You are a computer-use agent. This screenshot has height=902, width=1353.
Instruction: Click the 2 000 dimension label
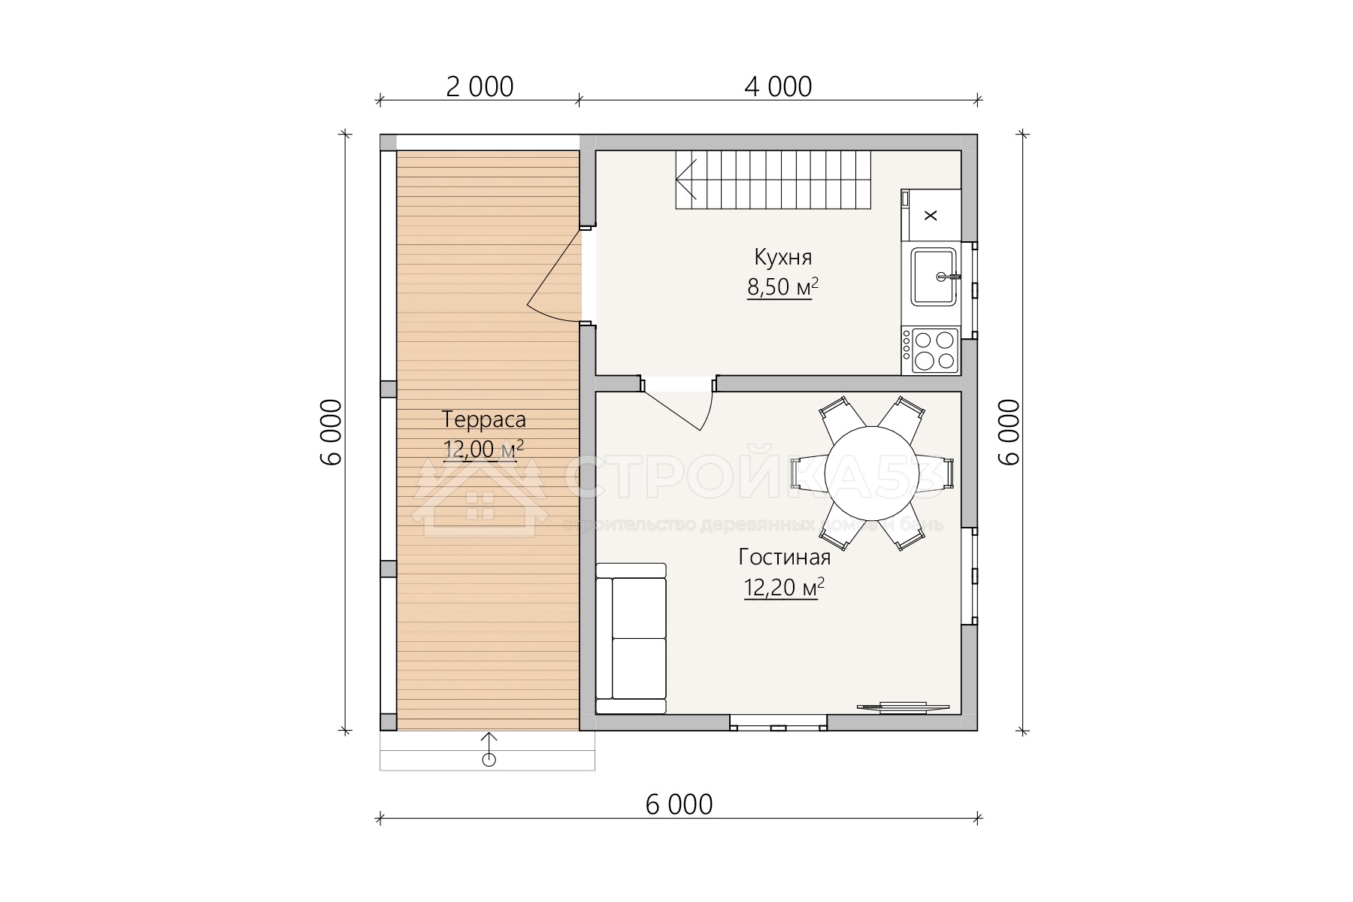[480, 87]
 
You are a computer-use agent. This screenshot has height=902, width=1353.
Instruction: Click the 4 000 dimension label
[778, 87]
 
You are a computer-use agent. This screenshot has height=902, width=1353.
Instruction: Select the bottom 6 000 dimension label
[679, 805]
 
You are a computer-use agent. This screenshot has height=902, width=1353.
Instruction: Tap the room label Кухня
[783, 258]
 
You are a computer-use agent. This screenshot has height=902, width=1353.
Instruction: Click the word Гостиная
[785, 558]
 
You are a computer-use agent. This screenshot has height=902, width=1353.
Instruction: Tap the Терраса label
[483, 419]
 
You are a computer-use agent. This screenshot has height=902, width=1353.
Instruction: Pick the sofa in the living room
[631, 638]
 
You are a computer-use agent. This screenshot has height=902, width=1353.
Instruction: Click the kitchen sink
[934, 276]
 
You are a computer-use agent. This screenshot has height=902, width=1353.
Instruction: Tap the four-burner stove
[931, 351]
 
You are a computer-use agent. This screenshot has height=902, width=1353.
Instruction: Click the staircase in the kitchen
[773, 180]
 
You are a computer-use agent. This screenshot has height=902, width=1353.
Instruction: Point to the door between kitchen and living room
[676, 403]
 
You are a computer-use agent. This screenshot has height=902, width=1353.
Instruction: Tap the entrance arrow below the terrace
[489, 749]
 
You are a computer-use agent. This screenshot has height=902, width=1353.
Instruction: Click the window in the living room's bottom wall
[779, 723]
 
